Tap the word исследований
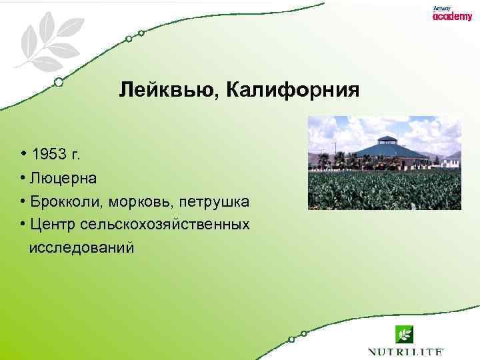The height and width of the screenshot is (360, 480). (x=81, y=247)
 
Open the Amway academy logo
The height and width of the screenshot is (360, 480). (x=451, y=15)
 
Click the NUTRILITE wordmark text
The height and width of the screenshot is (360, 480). (x=405, y=351)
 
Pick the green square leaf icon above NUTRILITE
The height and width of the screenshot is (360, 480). (x=405, y=333)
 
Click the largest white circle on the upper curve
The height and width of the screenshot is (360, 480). (x=59, y=82)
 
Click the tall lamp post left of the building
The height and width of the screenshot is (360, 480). (x=333, y=152)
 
